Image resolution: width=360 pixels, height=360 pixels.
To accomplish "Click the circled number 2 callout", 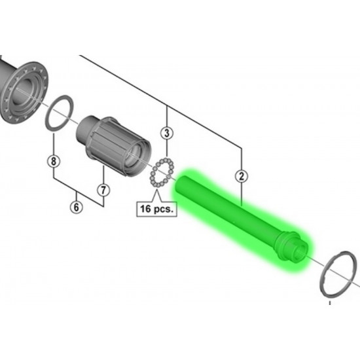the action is tap(242, 176).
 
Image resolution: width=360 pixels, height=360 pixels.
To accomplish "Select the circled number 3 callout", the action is tap(167, 133).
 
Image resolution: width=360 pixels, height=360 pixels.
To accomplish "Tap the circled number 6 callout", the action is tap(76, 207).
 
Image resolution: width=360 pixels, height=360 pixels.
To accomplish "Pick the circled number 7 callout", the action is tap(103, 190).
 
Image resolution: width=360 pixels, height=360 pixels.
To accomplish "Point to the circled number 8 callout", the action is tap(54, 161).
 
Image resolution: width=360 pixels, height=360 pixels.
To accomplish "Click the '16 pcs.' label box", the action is tap(157, 209).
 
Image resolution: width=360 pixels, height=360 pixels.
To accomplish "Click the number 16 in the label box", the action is tap(145, 209).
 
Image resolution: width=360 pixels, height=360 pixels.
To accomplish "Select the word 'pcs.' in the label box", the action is tap(164, 209).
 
